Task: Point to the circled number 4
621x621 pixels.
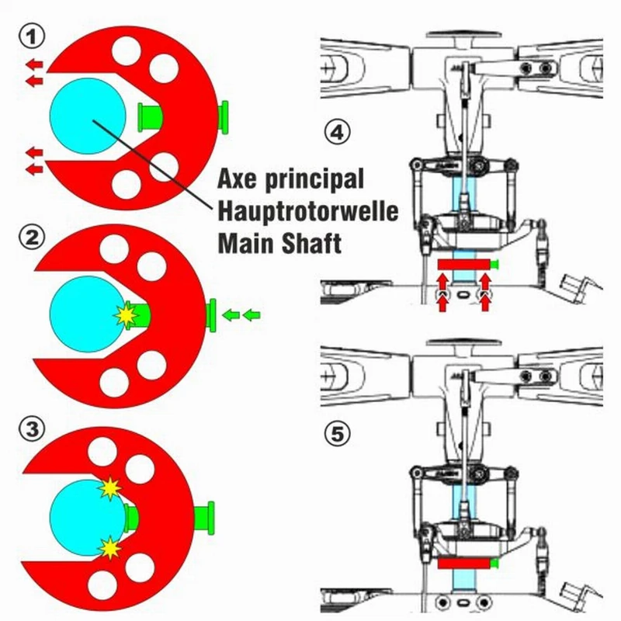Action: pyautogui.click(x=336, y=134)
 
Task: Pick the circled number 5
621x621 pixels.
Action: pyautogui.click(x=336, y=434)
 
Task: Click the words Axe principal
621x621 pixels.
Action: pyautogui.click(x=290, y=180)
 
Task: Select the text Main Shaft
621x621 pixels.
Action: pyautogui.click(x=279, y=242)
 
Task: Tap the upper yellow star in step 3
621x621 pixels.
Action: pyautogui.click(x=109, y=489)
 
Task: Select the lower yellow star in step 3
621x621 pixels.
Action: pyautogui.click(x=111, y=548)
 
